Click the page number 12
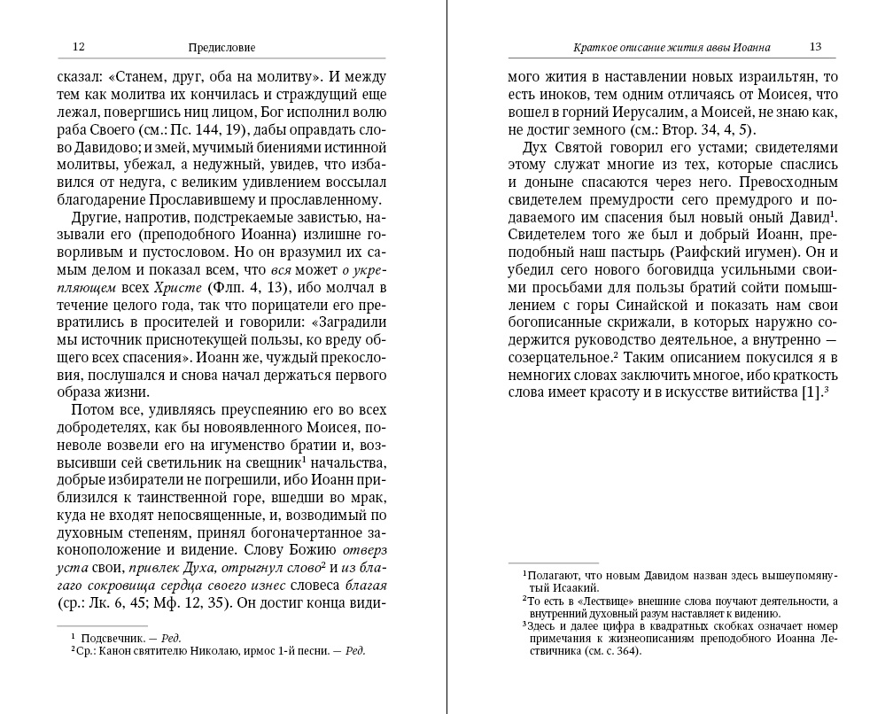pyautogui.click(x=78, y=46)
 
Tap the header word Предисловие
pyautogui.click(x=229, y=47)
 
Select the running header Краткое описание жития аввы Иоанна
pyautogui.click(x=672, y=47)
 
